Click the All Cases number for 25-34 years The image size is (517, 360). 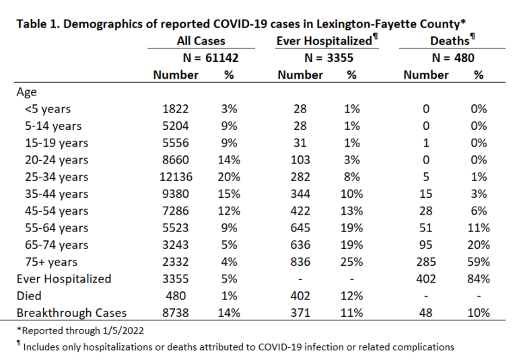tap(176, 177)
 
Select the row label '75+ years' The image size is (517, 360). tap(51, 262)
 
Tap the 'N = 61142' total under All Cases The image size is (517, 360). tap(211, 58)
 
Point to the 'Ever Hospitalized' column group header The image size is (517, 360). tap(326, 40)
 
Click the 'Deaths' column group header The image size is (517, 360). tap(452, 40)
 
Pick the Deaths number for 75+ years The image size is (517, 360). tap(425, 262)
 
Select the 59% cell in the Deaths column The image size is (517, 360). tap(479, 262)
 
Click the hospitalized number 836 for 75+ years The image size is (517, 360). tap(300, 262)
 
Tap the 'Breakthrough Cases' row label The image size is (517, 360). tap(71, 313)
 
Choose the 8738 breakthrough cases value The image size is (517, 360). tap(176, 313)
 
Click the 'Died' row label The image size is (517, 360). tap(29, 296)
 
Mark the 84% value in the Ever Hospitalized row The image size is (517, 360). tap(479, 279)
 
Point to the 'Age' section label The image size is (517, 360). tap(26, 92)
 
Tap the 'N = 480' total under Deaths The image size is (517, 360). tap(453, 58)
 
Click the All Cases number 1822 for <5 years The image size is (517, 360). tap(176, 109)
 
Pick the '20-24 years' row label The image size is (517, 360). tap(57, 160)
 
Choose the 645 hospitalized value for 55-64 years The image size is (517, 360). tap(300, 228)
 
